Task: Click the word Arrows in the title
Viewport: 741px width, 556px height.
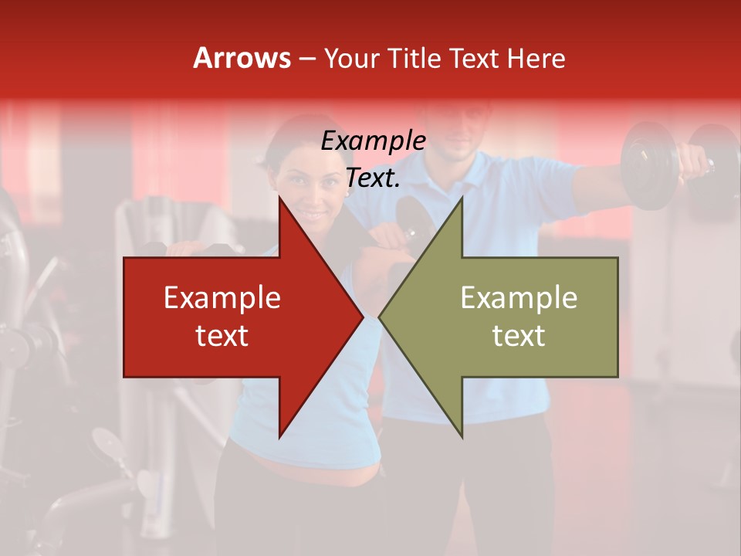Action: coord(242,58)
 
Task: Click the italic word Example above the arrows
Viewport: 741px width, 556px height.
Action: coord(373,141)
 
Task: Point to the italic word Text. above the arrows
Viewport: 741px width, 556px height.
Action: coord(373,178)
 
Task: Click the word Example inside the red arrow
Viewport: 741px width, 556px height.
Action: coord(222,298)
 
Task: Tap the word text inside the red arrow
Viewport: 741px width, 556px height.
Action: coord(222,335)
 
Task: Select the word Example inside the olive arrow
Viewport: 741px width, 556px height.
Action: coord(519,298)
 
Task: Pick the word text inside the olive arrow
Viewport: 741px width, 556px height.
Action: coord(519,335)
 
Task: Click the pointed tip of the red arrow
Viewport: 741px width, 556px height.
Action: coord(362,317)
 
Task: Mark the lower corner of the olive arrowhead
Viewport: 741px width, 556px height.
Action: coord(462,436)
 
